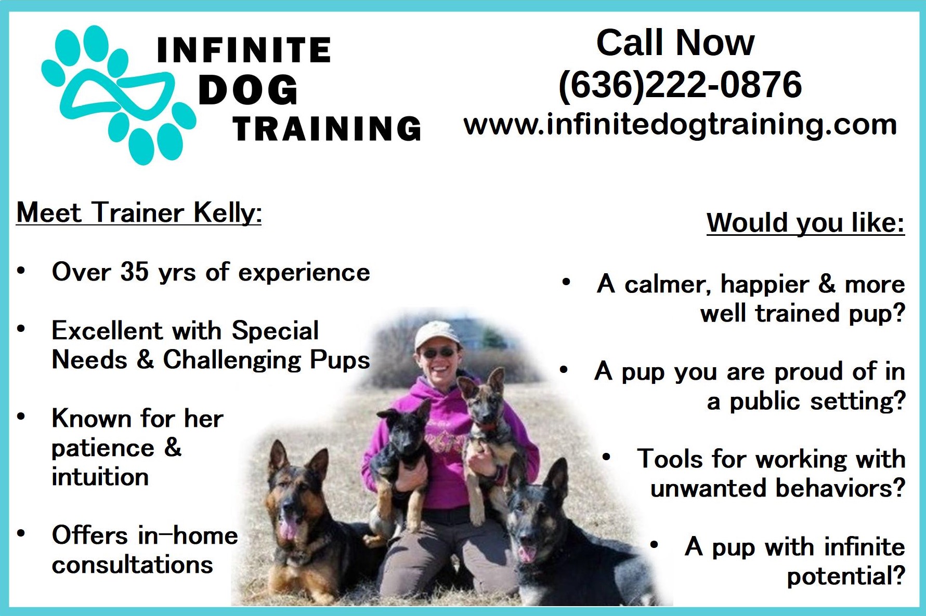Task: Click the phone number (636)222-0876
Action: pyautogui.click(x=680, y=85)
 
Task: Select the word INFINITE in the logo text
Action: pyautogui.click(x=243, y=50)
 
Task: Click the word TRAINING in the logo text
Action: pyautogui.click(x=327, y=129)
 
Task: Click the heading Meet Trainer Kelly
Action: pyautogui.click(x=139, y=213)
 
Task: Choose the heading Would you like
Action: pyautogui.click(x=805, y=223)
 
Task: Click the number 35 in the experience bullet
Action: pyautogui.click(x=135, y=272)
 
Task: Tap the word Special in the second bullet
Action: pyautogui.click(x=275, y=331)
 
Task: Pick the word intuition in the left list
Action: pyautogui.click(x=100, y=477)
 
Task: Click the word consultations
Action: pyautogui.click(x=133, y=565)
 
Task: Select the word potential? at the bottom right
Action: pyautogui.click(x=846, y=577)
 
